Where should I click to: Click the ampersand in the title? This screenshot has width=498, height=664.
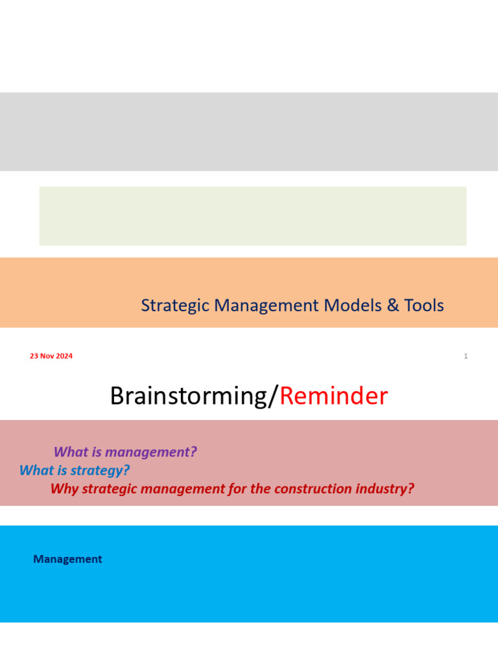click(x=393, y=305)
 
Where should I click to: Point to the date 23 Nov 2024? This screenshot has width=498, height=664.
click(x=51, y=356)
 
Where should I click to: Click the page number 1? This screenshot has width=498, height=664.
click(x=466, y=356)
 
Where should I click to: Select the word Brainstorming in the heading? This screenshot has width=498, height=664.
click(x=189, y=396)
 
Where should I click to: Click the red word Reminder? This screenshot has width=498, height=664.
click(x=333, y=396)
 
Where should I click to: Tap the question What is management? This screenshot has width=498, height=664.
click(x=125, y=452)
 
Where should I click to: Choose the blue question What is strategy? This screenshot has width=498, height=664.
click(x=75, y=470)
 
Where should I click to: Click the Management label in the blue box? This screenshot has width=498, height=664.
click(x=67, y=559)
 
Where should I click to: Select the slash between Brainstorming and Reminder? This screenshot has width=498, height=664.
click(x=275, y=396)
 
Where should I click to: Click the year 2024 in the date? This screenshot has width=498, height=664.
click(x=64, y=356)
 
